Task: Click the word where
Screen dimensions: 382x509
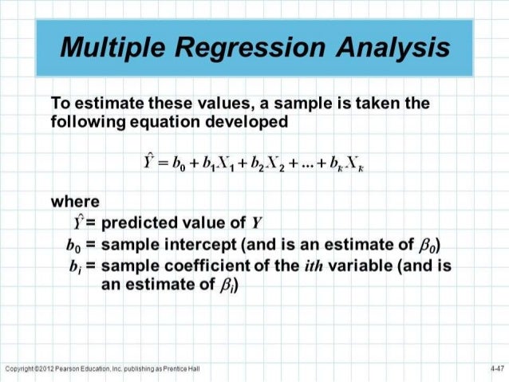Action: [73, 203]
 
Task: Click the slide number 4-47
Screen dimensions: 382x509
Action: [496, 368]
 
